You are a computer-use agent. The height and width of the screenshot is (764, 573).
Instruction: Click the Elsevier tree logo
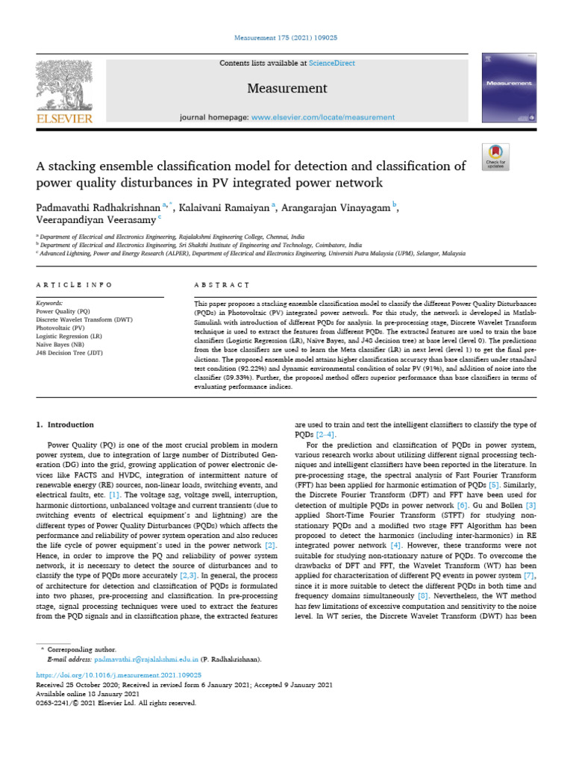64,84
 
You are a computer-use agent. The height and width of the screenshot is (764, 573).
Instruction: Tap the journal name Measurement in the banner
287,89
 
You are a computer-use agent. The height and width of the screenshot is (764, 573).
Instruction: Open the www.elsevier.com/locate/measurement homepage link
323,117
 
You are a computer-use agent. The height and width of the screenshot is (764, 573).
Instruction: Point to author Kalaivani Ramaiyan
227,207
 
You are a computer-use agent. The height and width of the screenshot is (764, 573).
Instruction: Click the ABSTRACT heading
222,285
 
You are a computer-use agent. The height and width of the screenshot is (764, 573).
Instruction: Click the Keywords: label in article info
51,304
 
